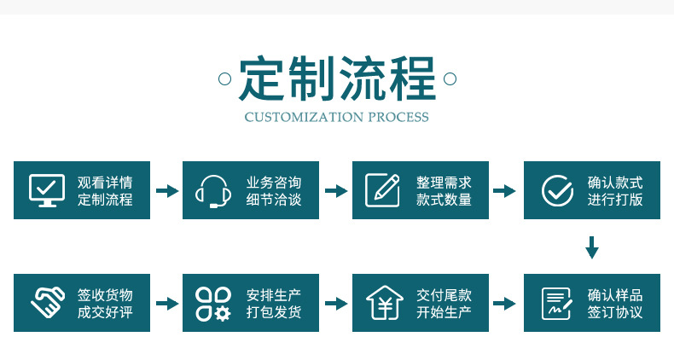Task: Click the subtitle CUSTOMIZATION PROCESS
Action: coord(337,117)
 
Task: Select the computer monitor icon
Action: coord(46,190)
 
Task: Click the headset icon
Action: coord(213,191)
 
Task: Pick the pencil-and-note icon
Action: coord(383,189)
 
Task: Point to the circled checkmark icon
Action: coord(557,190)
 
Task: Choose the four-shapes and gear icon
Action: coord(213,303)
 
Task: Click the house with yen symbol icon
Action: coord(384,302)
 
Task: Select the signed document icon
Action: coord(557,303)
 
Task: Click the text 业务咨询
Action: coord(274,183)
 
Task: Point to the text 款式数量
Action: coord(444,200)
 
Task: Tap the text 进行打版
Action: coord(614,200)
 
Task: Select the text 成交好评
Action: coord(105,312)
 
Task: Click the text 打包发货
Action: coord(274,312)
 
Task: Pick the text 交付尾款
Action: coord(444,295)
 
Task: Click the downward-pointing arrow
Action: coord(591,247)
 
